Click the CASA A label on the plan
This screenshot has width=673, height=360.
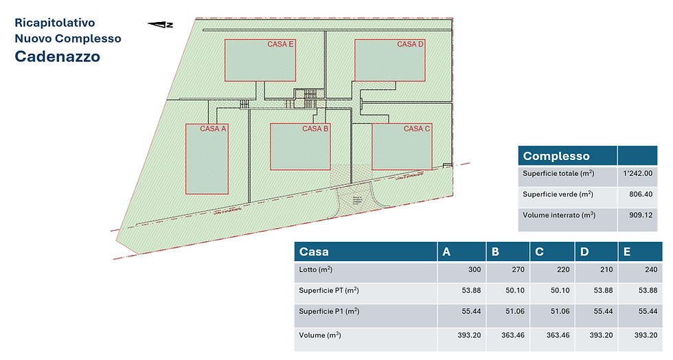[213, 128]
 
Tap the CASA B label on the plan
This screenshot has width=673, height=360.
[316, 128]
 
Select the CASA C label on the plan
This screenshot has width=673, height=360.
[417, 128]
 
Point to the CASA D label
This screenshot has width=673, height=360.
[411, 45]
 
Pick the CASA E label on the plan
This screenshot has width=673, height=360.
[281, 45]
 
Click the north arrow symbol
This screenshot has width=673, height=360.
[161, 25]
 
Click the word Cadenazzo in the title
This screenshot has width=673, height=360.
[58, 56]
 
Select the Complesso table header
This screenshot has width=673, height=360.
[556, 156]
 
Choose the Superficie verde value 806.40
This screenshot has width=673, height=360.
[640, 194]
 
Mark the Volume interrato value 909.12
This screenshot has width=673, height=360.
[640, 215]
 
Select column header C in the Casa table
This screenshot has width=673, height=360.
[539, 252]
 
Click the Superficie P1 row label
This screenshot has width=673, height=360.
[329, 312]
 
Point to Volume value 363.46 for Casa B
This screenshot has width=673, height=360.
[510, 336]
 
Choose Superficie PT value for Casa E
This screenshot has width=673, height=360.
[646, 291]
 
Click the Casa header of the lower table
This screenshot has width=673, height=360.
[315, 252]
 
